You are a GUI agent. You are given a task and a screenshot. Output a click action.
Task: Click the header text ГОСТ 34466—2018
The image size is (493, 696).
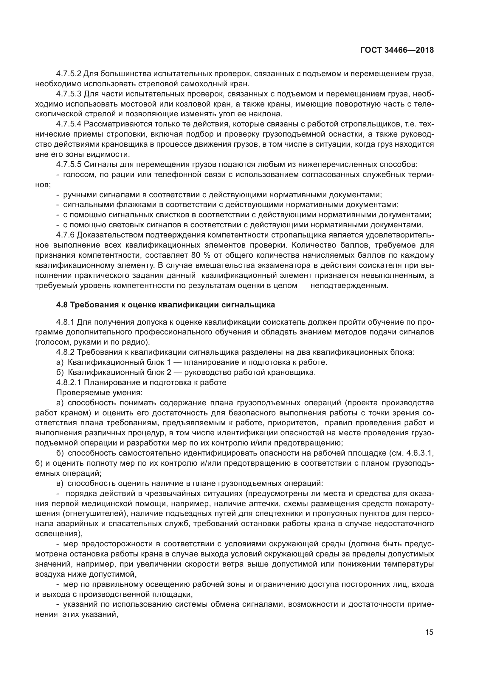point(397,50)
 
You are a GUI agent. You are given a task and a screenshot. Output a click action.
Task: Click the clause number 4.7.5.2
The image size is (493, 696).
point(69,74)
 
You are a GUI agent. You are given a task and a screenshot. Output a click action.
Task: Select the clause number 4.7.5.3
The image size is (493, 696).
point(69,94)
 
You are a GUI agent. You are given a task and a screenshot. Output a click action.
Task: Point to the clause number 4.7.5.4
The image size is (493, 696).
point(69,124)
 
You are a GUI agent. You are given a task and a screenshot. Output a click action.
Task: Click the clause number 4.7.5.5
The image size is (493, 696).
point(69,165)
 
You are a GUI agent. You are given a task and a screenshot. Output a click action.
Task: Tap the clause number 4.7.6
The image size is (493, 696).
point(65,235)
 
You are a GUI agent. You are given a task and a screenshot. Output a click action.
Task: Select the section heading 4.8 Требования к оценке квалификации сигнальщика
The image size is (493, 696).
point(165,305)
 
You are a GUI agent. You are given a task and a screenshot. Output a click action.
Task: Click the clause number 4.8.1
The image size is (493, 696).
point(65,322)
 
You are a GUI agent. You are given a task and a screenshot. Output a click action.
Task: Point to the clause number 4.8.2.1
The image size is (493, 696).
point(69,383)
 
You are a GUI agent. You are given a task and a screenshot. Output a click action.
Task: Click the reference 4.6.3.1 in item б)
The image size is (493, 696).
point(418,453)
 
